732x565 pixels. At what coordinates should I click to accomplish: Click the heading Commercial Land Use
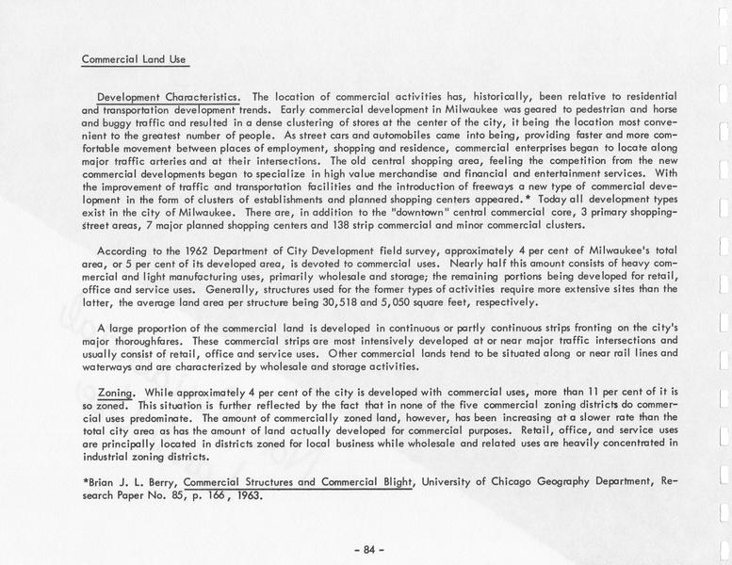(x=135, y=59)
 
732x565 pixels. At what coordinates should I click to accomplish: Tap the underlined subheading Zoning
(x=117, y=390)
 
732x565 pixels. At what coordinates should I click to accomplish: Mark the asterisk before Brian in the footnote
(x=86, y=481)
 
